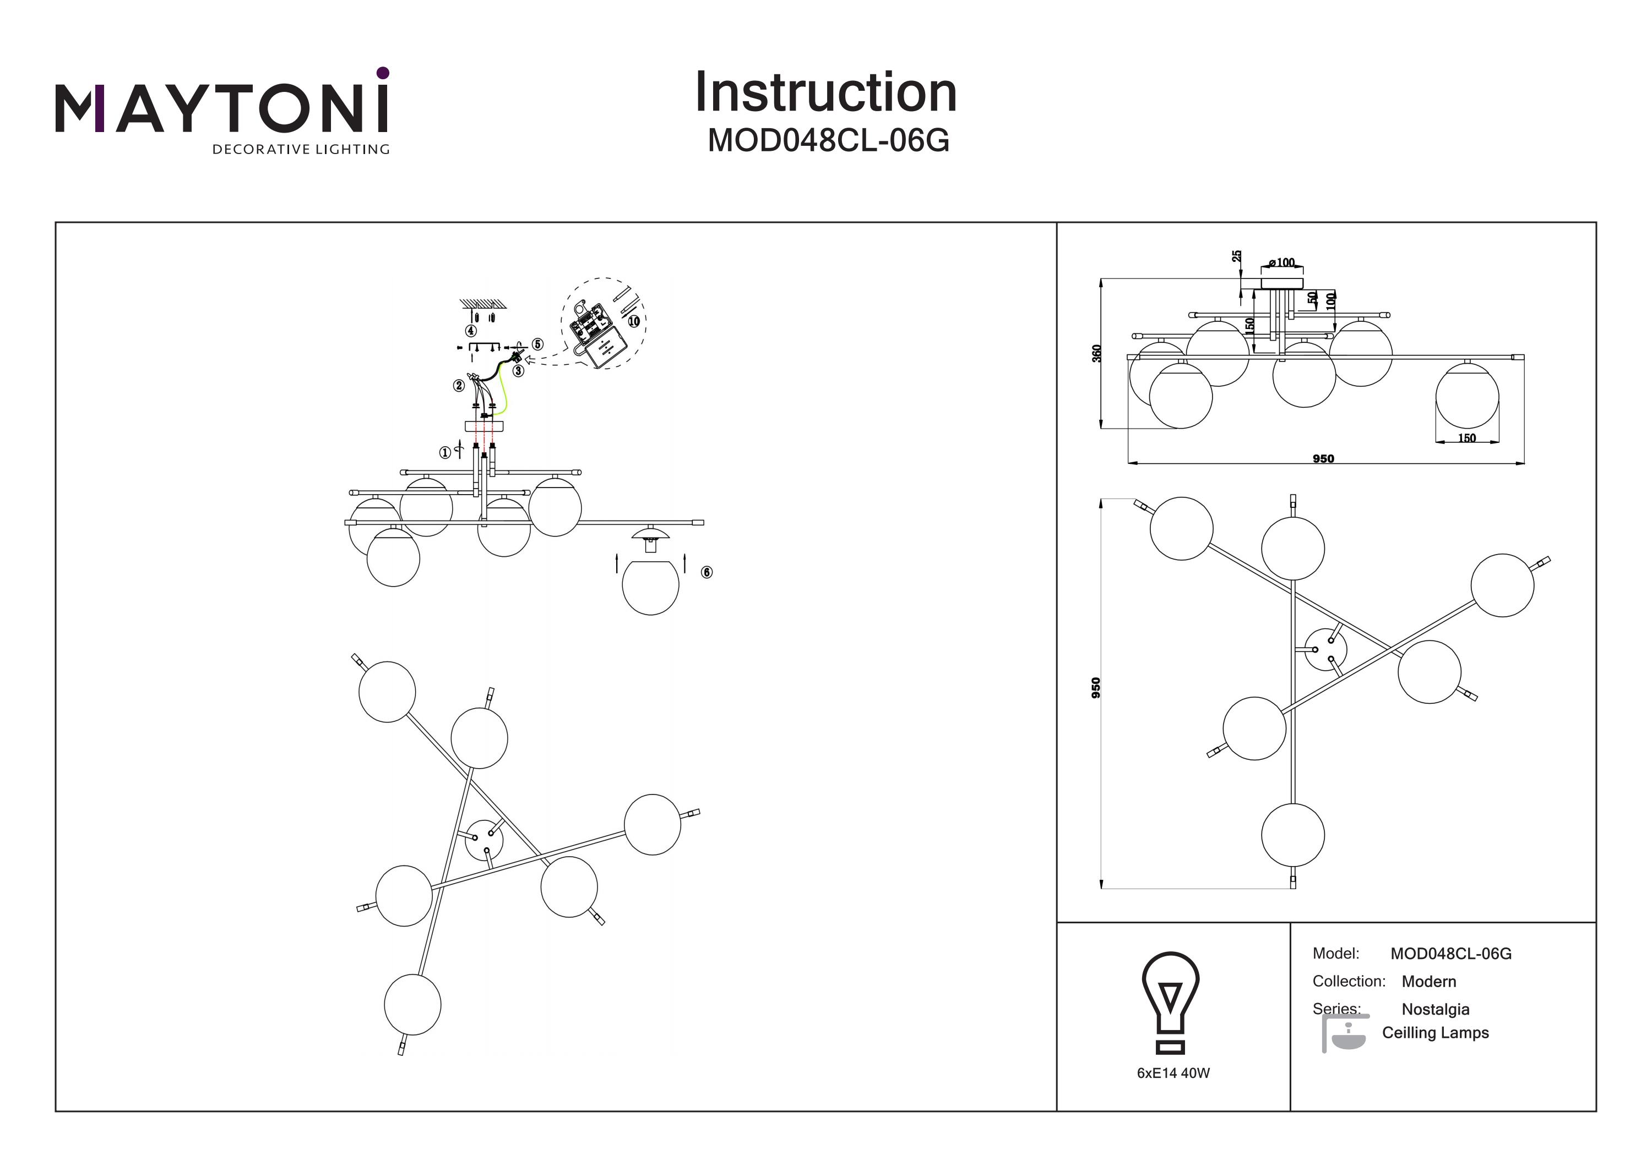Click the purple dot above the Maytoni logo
point(383,73)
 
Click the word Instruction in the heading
point(825,93)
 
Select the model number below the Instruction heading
point(828,140)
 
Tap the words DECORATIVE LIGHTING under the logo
point(301,150)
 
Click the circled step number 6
point(707,572)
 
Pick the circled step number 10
point(633,321)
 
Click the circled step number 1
point(445,452)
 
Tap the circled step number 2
point(459,385)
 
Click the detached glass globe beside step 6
point(650,586)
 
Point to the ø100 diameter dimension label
point(1281,262)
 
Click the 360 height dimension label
point(1096,353)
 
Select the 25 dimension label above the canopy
point(1236,256)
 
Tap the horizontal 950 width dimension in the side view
point(1323,459)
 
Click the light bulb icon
point(1171,1001)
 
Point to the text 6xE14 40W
point(1173,1073)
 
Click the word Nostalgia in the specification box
point(1436,1009)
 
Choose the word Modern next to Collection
point(1429,982)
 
